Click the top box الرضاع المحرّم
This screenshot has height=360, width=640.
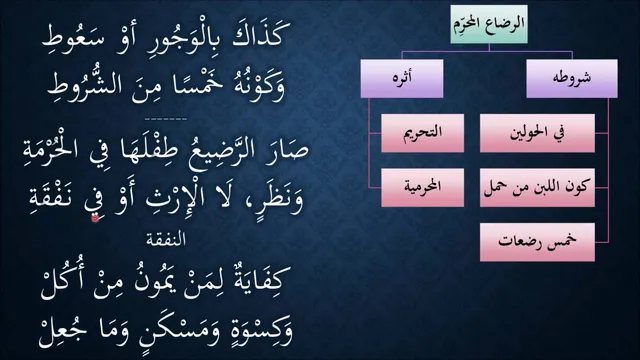[x=489, y=24]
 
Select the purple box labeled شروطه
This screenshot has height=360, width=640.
[x=572, y=78]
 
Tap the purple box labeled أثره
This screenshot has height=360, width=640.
[x=402, y=78]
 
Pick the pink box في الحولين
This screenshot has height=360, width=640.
[x=537, y=133]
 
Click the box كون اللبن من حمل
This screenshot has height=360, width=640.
[x=537, y=187]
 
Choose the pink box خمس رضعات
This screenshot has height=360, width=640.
[x=537, y=242]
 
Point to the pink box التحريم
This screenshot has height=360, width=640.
[x=422, y=133]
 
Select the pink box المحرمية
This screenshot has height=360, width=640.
[x=422, y=187]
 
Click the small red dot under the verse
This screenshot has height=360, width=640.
[x=95, y=218]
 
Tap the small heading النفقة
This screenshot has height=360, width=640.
[x=166, y=240]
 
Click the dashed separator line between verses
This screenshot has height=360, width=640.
[x=166, y=119]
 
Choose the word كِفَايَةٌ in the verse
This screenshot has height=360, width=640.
[x=261, y=282]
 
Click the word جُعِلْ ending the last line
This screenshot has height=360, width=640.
[x=62, y=330]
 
